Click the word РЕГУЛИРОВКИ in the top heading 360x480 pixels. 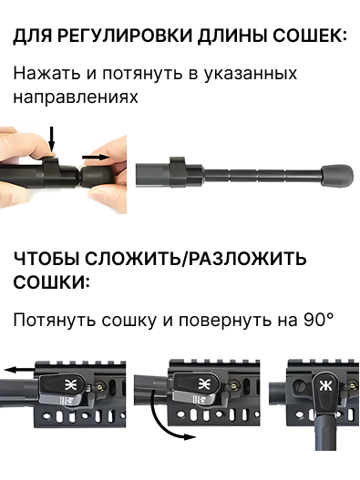pyautogui.click(x=125, y=36)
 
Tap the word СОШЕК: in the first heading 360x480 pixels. pyautogui.click(x=310, y=36)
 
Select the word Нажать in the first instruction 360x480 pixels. pyautogui.click(x=46, y=74)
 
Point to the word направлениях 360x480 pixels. pyautogui.click(x=76, y=97)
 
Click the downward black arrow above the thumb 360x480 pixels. pyautogui.click(x=52, y=138)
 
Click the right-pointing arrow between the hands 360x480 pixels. pyautogui.click(x=96, y=157)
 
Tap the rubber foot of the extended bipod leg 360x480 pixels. pyautogui.click(x=337, y=175)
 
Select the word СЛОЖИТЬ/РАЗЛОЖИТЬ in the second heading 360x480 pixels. pyautogui.click(x=195, y=259)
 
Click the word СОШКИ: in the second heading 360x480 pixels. pyautogui.click(x=51, y=282)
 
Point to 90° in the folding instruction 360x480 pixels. pyautogui.click(x=319, y=321)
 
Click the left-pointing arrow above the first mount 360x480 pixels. pyautogui.click(x=20, y=370)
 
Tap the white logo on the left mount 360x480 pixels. pyautogui.click(x=70, y=384)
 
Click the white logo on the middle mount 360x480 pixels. pyautogui.click(x=204, y=384)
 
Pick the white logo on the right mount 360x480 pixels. pyautogui.click(x=325, y=386)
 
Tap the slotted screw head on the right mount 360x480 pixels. pyautogui.click(x=299, y=384)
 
